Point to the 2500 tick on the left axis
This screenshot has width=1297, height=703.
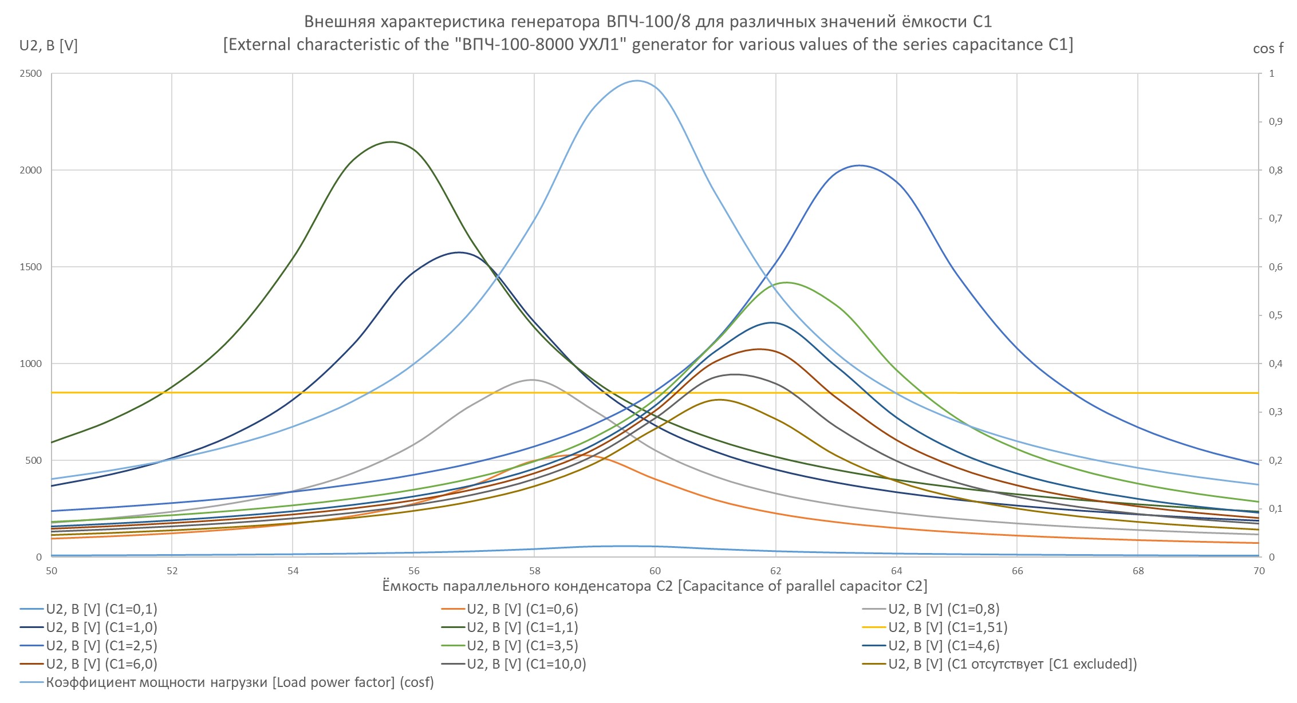(x=31, y=74)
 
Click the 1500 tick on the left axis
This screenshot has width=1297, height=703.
(x=31, y=267)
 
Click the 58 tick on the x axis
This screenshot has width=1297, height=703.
(x=534, y=571)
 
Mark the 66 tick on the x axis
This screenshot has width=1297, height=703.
(x=1018, y=571)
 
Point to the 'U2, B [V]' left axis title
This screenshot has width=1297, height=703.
(x=49, y=46)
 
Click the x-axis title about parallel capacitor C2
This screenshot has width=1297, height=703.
(x=655, y=586)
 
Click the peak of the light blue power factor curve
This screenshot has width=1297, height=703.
(x=637, y=81)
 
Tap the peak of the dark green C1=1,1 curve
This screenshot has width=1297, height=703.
(x=391, y=142)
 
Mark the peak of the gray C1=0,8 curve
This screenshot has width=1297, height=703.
(x=532, y=380)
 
